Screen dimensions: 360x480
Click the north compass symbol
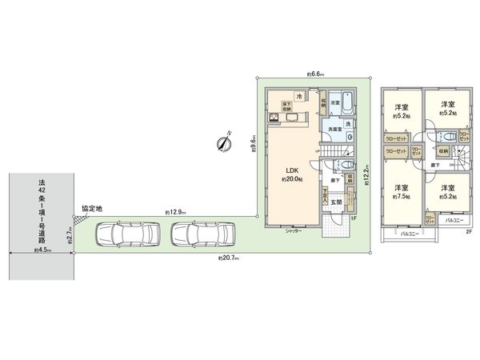223,143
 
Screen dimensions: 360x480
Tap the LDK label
289,170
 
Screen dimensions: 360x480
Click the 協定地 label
91,208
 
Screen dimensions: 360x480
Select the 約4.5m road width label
42,250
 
